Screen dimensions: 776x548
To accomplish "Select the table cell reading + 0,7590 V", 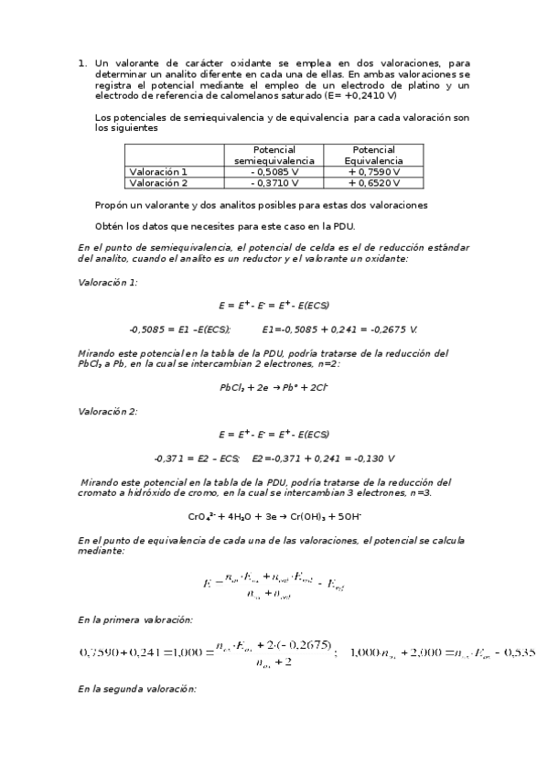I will [373, 171].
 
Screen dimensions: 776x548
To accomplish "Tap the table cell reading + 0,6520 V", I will [373, 182].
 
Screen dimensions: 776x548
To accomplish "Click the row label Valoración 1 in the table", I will [158, 171].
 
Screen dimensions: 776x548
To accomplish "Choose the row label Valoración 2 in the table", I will [158, 182].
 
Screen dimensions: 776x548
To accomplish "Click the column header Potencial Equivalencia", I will [373, 155].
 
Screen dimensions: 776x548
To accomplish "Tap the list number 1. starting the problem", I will [82, 63].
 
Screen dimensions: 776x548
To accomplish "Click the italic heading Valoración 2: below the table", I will [108, 411].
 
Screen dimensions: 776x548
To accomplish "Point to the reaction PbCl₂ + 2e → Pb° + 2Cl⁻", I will [274, 387].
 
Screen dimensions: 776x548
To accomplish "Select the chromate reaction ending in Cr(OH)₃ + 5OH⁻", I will [274, 516].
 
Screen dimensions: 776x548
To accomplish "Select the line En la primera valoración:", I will [135, 620].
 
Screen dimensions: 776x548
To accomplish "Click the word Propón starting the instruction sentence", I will [113, 205].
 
